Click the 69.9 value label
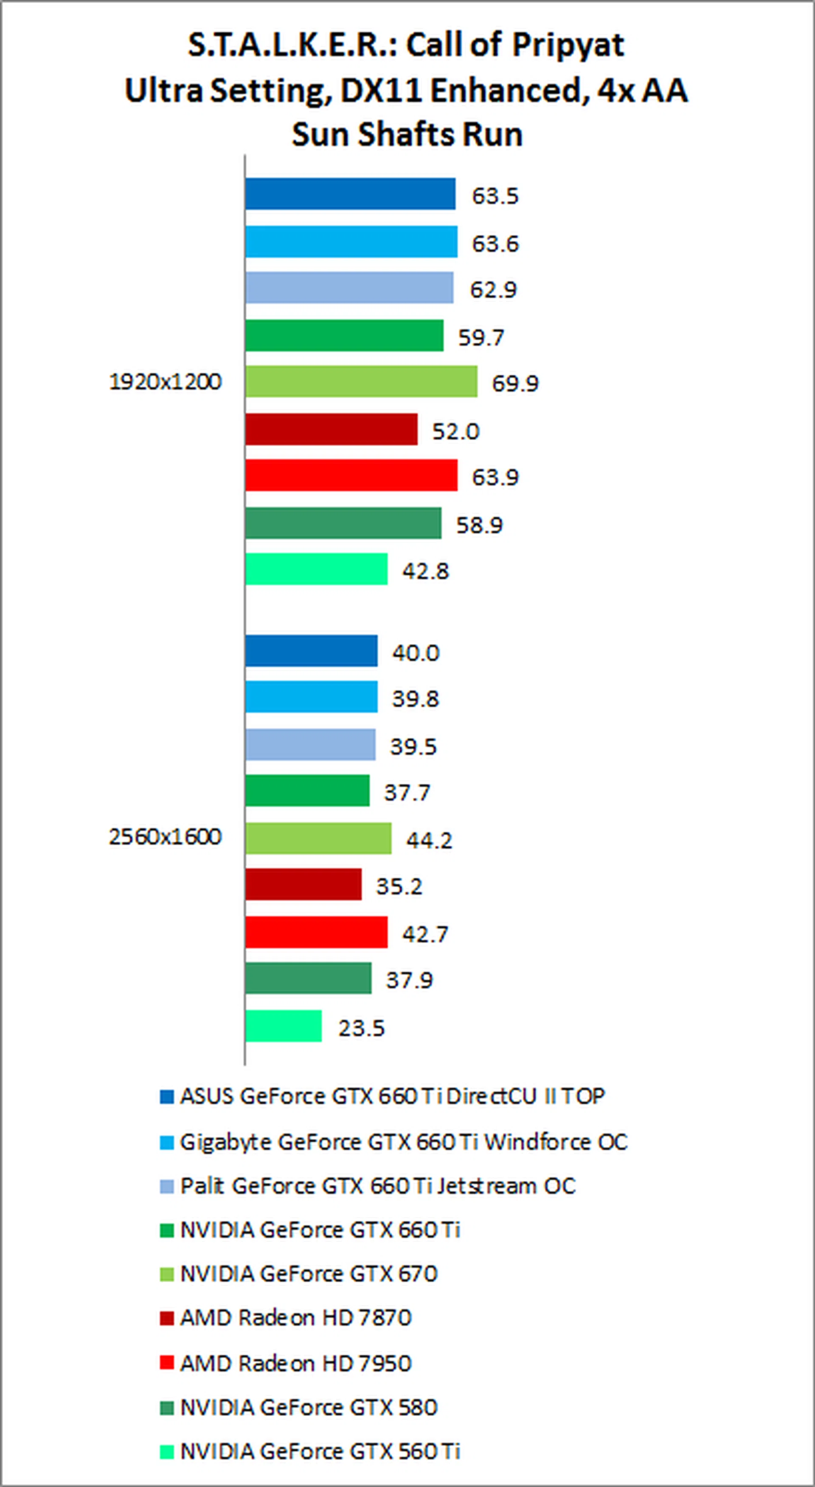click(x=514, y=383)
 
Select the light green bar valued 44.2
click(x=318, y=838)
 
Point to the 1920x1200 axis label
click(x=165, y=382)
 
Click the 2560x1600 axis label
click(x=165, y=836)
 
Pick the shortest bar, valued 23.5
click(x=283, y=1026)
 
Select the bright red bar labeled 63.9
click(x=351, y=475)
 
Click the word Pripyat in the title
click(x=568, y=45)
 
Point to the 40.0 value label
click(x=415, y=653)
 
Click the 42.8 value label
click(x=425, y=571)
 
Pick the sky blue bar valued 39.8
click(x=311, y=697)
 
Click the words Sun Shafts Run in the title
click(x=407, y=134)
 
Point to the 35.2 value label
click(x=399, y=886)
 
